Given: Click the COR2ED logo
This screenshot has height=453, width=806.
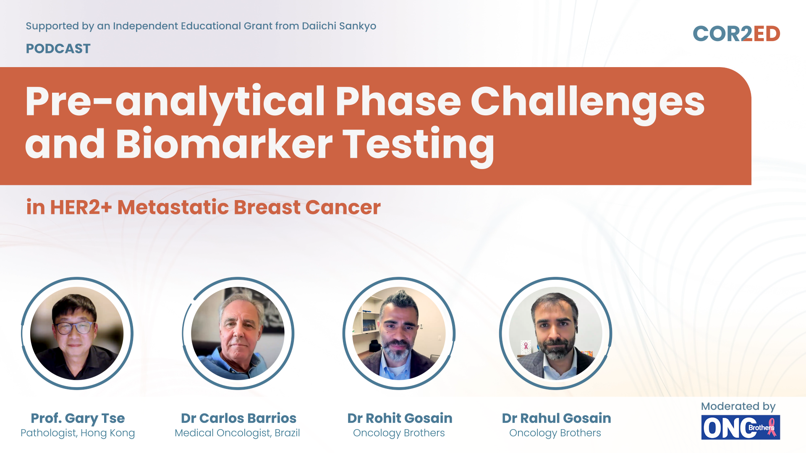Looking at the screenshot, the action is [736, 34].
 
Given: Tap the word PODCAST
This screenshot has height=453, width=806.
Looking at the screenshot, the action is [58, 49].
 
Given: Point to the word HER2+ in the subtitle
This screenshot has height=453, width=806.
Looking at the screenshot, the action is [81, 207].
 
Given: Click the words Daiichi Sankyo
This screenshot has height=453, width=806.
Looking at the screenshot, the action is [339, 26].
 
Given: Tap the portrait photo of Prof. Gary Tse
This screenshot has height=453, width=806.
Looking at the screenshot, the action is [77, 333].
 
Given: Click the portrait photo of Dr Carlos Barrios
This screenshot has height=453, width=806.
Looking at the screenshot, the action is [238, 333].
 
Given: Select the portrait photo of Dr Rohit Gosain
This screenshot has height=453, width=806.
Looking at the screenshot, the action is [399, 333].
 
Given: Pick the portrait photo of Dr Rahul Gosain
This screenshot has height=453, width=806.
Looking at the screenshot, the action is [555, 333].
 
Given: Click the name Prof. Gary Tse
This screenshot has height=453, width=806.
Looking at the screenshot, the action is [78, 418].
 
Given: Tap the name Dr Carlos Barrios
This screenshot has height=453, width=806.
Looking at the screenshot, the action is [238, 418].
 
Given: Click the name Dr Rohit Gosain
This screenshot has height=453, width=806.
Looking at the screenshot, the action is [400, 418].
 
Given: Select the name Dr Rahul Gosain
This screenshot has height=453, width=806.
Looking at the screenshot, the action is [556, 418].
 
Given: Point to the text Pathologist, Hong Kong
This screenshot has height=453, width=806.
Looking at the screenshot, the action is [78, 433].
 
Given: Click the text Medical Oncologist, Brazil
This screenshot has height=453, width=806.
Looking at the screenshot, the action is [237, 433].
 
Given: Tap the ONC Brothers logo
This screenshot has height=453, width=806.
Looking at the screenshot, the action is [741, 427].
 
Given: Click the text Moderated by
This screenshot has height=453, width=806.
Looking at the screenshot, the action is [738, 406].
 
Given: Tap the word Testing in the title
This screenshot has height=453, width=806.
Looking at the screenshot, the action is [419, 145].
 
